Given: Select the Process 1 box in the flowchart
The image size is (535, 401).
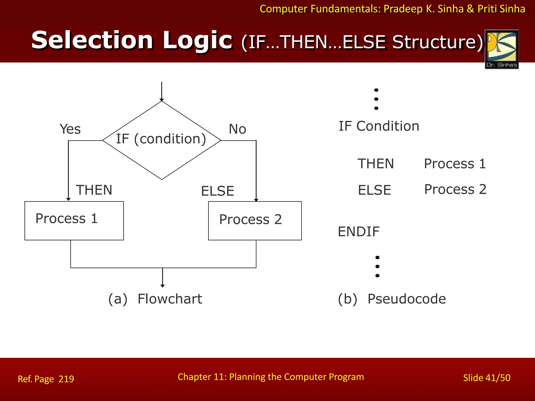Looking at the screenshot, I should click(x=74, y=220).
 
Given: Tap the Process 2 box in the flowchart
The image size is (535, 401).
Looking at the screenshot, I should click(x=255, y=220).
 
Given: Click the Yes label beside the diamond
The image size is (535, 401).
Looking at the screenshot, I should click(x=70, y=129).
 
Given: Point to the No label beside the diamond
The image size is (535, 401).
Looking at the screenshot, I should click(x=237, y=129).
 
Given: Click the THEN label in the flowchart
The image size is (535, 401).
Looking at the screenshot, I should click(x=94, y=190).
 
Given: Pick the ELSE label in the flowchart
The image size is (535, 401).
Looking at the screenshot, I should click(x=217, y=191).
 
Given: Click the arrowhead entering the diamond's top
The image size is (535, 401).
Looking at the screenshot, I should click(x=162, y=100).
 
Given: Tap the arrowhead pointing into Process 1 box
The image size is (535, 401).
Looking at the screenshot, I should click(x=68, y=199).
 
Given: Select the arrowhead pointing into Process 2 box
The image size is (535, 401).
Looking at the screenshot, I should click(x=256, y=200).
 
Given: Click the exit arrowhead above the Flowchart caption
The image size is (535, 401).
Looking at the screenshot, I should click(x=162, y=286).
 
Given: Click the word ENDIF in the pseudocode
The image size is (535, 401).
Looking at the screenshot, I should click(x=358, y=232).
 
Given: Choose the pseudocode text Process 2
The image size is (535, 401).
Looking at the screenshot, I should click(x=455, y=189).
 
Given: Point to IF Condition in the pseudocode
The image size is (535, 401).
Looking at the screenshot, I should click(x=379, y=126).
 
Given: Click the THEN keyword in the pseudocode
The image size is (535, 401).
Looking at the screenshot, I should click(x=375, y=164).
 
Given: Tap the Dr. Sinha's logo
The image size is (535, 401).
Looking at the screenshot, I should click(x=502, y=49).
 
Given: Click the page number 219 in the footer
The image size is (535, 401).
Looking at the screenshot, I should click(x=66, y=379).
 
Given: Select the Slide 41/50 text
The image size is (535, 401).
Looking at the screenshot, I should click(x=486, y=378).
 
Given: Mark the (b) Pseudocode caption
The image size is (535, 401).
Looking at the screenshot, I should click(x=392, y=299).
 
